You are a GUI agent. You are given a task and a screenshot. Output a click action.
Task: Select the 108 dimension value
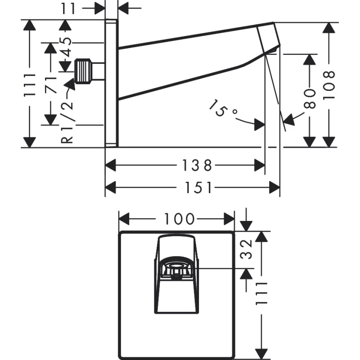[x=329, y=84]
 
